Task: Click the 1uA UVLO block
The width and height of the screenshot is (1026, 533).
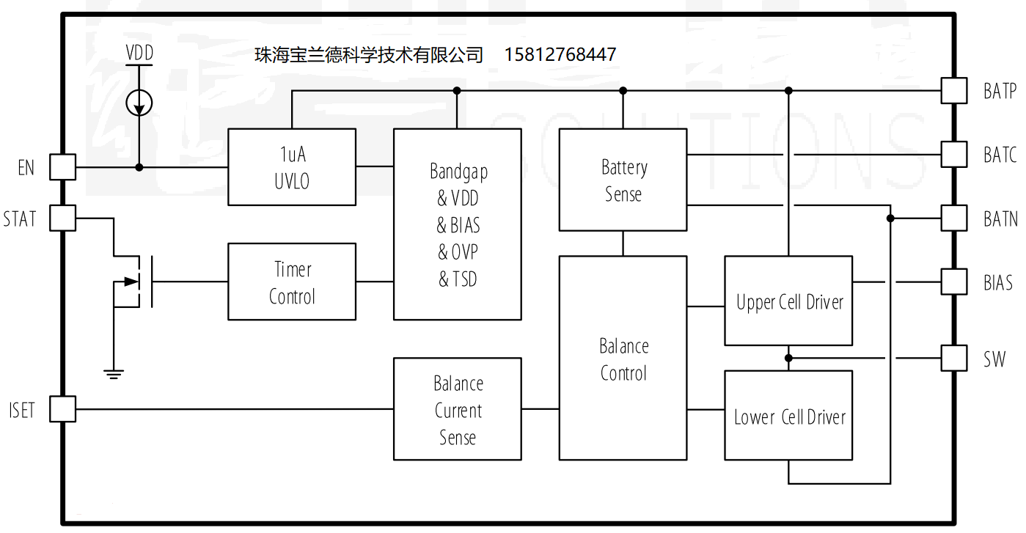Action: (x=292, y=167)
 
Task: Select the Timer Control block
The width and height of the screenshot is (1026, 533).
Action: (x=292, y=282)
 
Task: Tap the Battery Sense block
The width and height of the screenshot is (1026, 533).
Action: (x=623, y=180)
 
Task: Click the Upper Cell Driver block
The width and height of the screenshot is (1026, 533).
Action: (x=788, y=301)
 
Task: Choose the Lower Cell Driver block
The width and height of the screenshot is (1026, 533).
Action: (x=788, y=416)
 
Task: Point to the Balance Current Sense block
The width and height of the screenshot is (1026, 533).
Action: (x=458, y=409)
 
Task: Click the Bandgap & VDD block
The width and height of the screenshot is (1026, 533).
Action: (x=458, y=224)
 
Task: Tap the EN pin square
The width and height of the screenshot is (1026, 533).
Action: (x=62, y=167)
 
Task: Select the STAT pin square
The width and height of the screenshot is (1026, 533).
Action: (x=62, y=218)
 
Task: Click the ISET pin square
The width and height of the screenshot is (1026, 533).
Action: (x=62, y=409)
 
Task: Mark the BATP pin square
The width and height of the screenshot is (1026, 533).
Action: (x=954, y=91)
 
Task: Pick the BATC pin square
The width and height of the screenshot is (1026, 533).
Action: (x=954, y=155)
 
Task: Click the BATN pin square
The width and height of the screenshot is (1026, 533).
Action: (x=954, y=218)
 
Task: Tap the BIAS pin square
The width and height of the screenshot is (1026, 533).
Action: (x=954, y=282)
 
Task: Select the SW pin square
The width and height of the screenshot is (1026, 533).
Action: (x=954, y=359)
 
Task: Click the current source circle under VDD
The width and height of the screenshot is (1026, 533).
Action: (x=139, y=103)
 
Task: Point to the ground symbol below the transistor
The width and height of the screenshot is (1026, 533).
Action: (x=113, y=374)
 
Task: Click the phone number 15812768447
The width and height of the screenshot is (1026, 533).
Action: (x=560, y=55)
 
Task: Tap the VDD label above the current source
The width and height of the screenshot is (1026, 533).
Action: (x=139, y=54)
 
